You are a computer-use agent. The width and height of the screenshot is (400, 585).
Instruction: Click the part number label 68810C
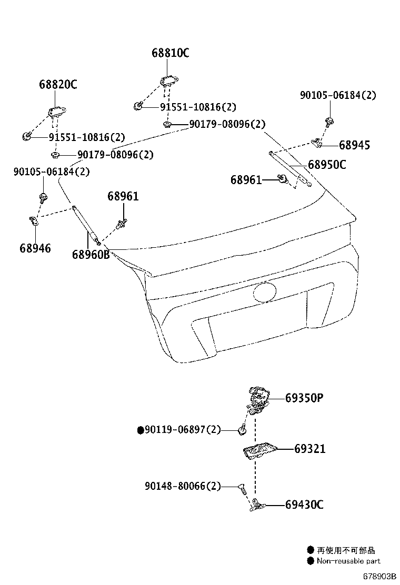coord(171,53)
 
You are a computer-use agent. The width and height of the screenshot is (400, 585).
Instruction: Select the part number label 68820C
coord(58,84)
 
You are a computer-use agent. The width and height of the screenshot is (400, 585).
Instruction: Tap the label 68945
coord(354,145)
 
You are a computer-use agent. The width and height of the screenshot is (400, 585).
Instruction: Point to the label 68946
coord(35,248)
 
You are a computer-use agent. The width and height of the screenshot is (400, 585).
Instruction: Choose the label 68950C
coord(327,165)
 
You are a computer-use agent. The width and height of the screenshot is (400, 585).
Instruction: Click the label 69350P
coord(304,398)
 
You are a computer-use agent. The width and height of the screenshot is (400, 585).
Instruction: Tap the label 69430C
coord(304,505)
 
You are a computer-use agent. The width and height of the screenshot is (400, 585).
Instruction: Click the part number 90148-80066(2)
coord(183,486)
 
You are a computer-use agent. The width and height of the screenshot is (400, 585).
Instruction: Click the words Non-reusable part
coord(348,561)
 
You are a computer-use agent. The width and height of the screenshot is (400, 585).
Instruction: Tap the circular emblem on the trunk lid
coord(265,292)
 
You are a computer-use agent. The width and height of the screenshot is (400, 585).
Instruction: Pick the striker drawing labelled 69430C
coord(257,504)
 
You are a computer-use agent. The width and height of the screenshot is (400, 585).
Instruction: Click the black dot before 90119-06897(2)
coord(141,430)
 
